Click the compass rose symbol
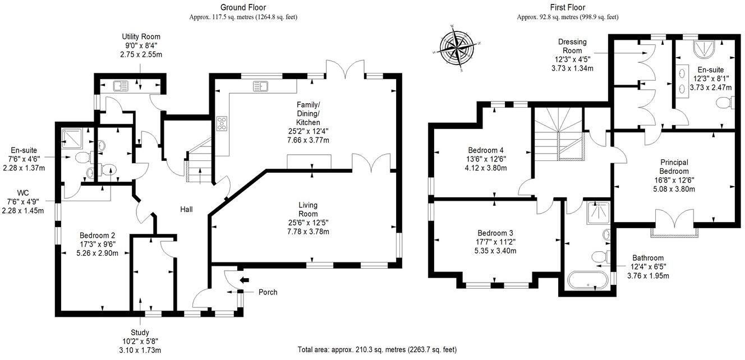pyautogui.click(x=457, y=49)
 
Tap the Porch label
pyautogui.click(x=268, y=292)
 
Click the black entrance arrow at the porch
pyautogui.click(x=244, y=280)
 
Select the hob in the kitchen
pyautogui.click(x=222, y=124)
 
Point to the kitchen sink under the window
pyautogui.click(x=260, y=86)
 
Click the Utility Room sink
pyautogui.click(x=121, y=86)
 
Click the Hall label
pyautogui.click(x=186, y=209)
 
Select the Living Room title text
pyautogui.click(x=308, y=209)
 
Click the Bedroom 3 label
pyautogui.click(x=495, y=233)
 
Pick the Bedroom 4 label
pyautogui.click(x=486, y=150)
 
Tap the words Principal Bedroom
pyautogui.click(x=674, y=167)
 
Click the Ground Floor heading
pyautogui.click(x=243, y=7)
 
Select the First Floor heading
pyautogui.click(x=568, y=7)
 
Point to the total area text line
pyautogui.click(x=377, y=350)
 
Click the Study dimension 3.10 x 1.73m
pyautogui.click(x=140, y=350)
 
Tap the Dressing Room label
pyautogui.click(x=572, y=46)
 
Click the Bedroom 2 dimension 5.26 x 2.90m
pyautogui.click(x=98, y=253)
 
